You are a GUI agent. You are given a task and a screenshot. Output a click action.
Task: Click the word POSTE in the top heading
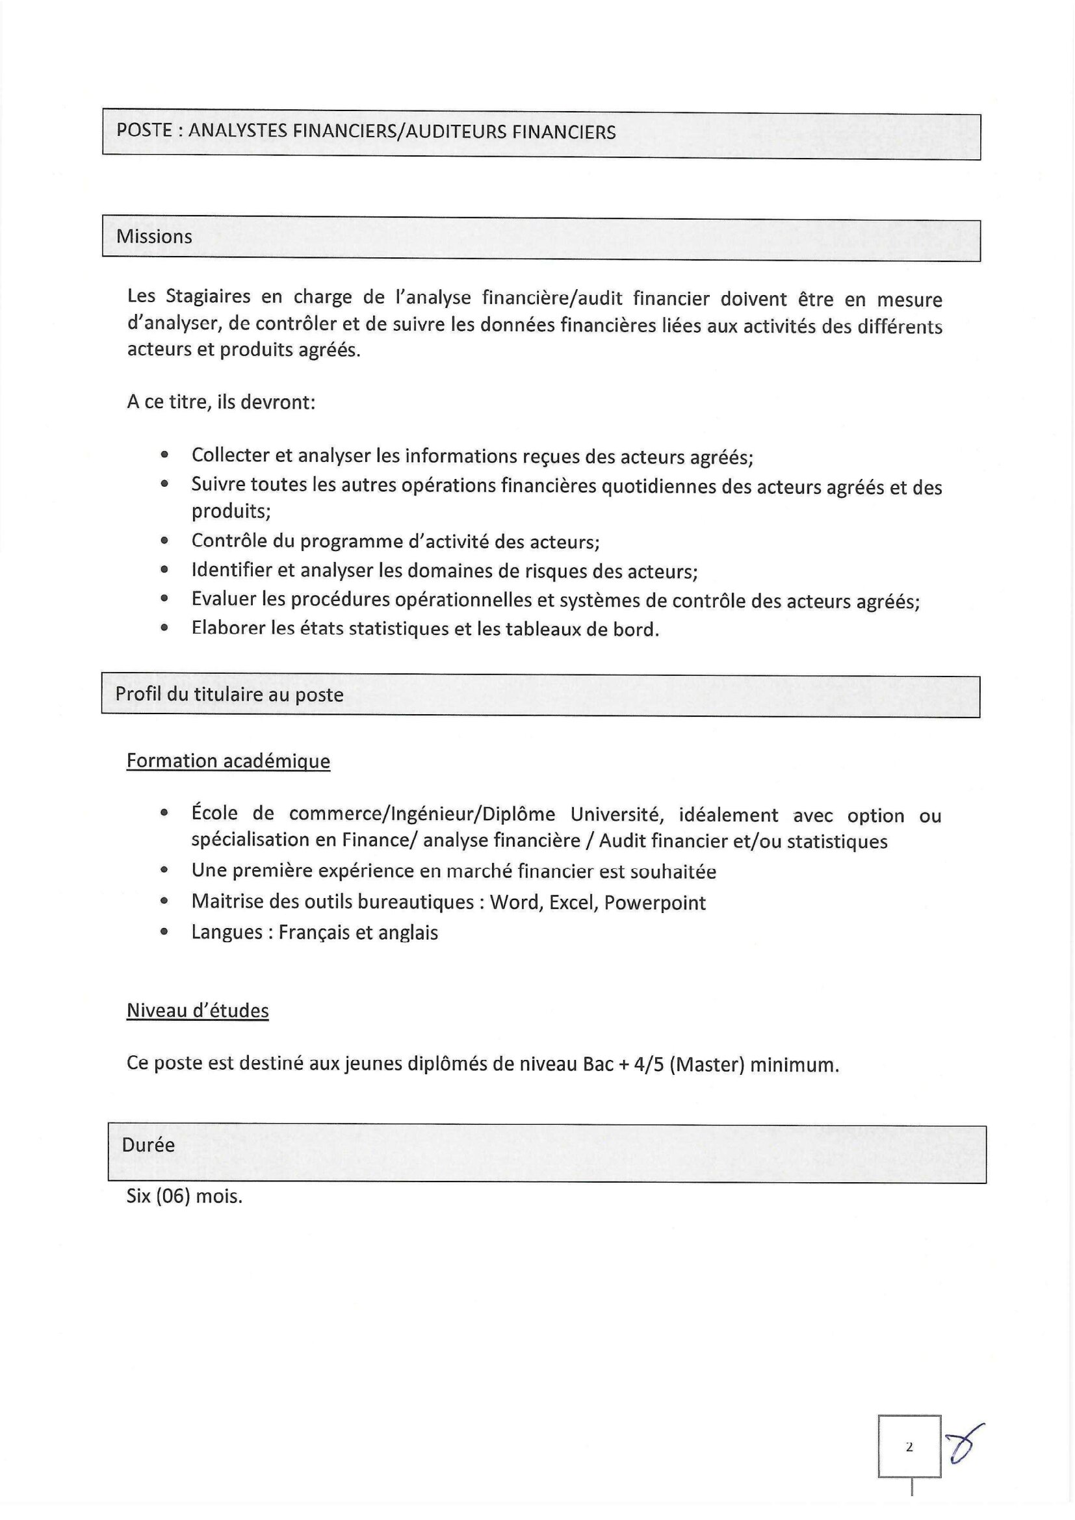coord(144,130)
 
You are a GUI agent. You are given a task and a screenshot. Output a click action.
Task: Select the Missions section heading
coord(154,237)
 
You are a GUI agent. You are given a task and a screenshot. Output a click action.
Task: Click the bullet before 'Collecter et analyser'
coord(165,456)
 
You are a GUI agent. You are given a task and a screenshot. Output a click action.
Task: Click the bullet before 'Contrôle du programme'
coord(165,541)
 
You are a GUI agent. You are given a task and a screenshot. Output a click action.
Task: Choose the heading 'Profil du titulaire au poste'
coord(229,695)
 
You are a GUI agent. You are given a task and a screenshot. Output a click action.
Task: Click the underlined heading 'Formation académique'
coord(228,761)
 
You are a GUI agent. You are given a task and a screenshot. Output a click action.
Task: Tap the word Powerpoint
coord(654,903)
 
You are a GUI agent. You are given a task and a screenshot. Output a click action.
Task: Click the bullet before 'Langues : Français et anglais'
coord(165,932)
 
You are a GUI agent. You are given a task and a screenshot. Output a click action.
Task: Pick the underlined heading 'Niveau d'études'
coord(198,1011)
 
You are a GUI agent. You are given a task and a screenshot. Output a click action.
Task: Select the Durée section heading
coord(148,1144)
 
